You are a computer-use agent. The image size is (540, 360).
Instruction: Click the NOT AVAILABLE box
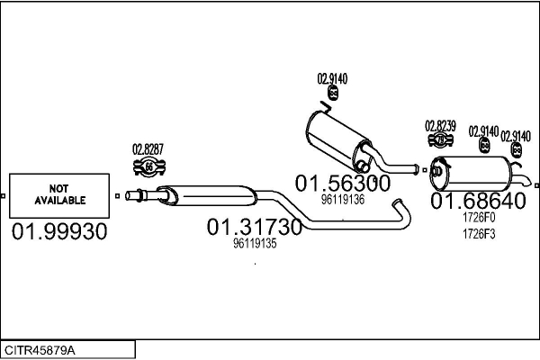pos(60,194)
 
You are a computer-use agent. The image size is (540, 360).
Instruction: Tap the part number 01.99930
pos(59,232)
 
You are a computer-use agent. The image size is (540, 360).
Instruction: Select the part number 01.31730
pos(255,227)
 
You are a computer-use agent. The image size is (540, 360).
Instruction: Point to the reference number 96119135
pos(255,243)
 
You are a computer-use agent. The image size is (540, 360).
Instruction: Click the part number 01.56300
pos(343,184)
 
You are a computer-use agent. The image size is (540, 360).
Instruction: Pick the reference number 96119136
pos(343,199)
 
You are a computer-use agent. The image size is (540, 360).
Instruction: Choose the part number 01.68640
pos(477,202)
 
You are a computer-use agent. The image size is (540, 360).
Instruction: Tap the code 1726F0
pos(478,218)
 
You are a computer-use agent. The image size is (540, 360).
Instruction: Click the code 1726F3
pos(478,234)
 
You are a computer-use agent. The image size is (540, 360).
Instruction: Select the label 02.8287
pos(148,149)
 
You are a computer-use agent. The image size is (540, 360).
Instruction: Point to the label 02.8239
pos(441,125)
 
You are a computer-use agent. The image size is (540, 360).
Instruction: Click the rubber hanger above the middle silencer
pos(330,92)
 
